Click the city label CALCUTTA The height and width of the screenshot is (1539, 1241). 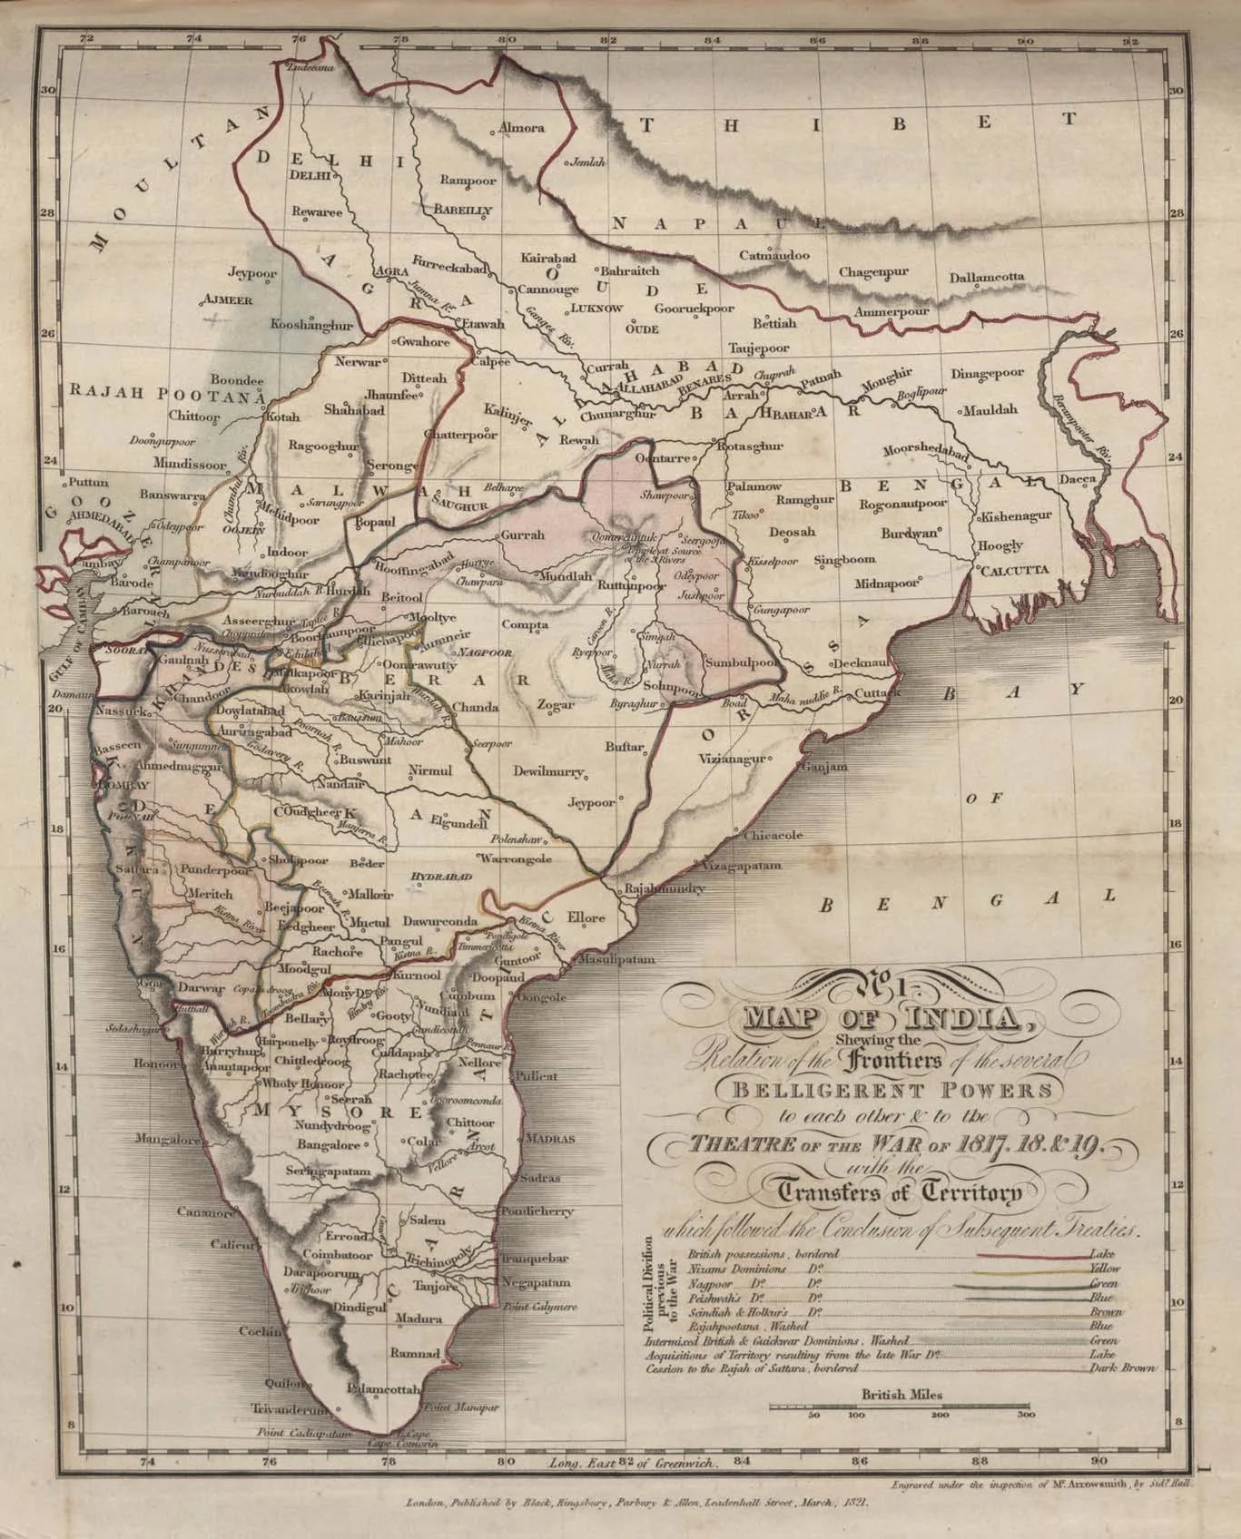tap(1015, 570)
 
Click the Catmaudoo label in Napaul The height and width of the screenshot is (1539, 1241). tap(774, 256)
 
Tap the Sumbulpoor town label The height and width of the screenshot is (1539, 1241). tap(742, 663)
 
